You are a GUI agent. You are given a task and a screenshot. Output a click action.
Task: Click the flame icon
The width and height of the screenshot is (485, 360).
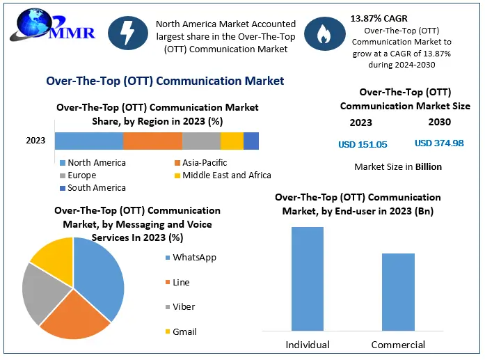click(x=322, y=36)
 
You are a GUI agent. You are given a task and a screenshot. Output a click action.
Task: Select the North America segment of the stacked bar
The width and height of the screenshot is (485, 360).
click(x=88, y=141)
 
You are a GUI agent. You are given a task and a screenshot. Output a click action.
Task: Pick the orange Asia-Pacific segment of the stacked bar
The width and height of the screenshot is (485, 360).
click(x=152, y=141)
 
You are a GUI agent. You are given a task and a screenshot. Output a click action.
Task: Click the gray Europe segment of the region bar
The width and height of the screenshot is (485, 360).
click(x=201, y=141)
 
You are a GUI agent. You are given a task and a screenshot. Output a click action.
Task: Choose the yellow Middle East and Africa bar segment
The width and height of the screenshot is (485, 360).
click(x=232, y=141)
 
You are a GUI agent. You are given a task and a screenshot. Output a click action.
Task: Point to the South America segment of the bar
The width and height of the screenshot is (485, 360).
click(x=251, y=141)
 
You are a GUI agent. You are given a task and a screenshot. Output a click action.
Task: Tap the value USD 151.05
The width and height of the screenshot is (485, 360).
click(x=362, y=144)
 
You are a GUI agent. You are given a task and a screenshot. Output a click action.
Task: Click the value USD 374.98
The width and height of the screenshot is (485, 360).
click(x=439, y=143)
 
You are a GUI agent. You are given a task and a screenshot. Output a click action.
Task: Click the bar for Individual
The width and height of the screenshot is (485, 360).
click(x=307, y=278)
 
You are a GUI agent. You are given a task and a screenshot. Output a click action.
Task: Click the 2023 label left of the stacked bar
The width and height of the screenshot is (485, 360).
click(x=35, y=141)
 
